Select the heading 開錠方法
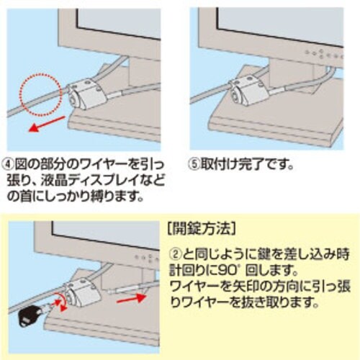(x=198, y=231)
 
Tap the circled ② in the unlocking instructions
(x=175, y=253)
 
